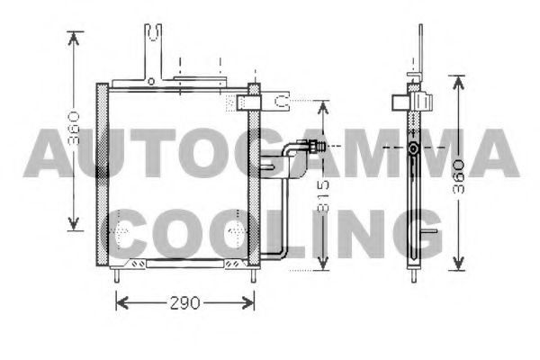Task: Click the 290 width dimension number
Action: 184,302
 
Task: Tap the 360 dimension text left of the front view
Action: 74,128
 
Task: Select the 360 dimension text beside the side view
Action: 459,176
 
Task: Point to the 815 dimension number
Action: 323,195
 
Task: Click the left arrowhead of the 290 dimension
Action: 121,302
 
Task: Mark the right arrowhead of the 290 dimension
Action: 248,302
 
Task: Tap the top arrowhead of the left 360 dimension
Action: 74,38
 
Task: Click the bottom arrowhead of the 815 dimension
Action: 323,264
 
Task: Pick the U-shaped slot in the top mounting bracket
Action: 153,32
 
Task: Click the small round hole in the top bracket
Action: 151,82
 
